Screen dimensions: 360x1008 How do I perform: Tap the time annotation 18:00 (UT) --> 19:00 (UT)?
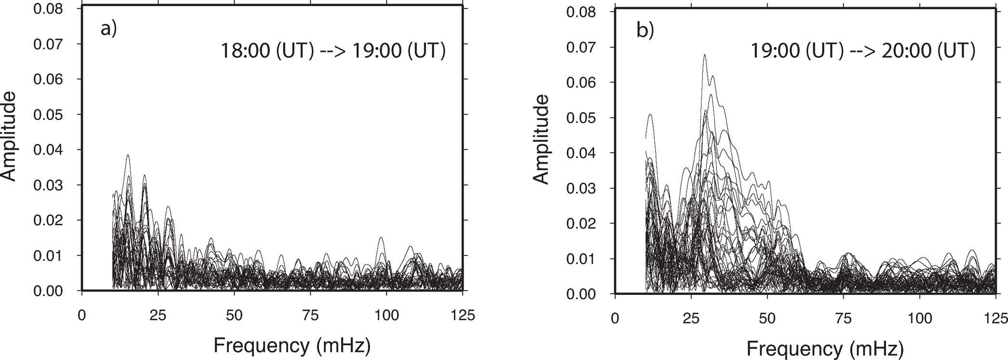(x=333, y=51)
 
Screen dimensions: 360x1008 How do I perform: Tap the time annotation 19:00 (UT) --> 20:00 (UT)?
(x=863, y=51)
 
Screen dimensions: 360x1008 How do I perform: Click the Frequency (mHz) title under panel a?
(x=292, y=345)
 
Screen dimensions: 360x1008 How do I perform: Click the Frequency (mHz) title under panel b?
(x=825, y=347)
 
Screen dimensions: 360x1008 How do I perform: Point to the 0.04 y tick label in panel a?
(x=48, y=150)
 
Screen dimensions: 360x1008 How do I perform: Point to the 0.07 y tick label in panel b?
(x=581, y=47)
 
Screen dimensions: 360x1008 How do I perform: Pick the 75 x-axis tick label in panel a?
(x=311, y=316)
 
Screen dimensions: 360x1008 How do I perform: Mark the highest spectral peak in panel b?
(x=705, y=55)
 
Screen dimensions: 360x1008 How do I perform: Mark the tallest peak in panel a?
(x=128, y=155)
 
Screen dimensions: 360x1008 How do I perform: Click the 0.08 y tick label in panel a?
(x=48, y=9)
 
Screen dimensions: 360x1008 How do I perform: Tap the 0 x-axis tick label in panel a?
(x=82, y=316)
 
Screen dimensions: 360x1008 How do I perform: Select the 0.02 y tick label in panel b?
(x=581, y=224)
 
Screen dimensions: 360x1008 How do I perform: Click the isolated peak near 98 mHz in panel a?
(x=381, y=238)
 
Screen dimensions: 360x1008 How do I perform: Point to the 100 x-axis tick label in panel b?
(x=920, y=319)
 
